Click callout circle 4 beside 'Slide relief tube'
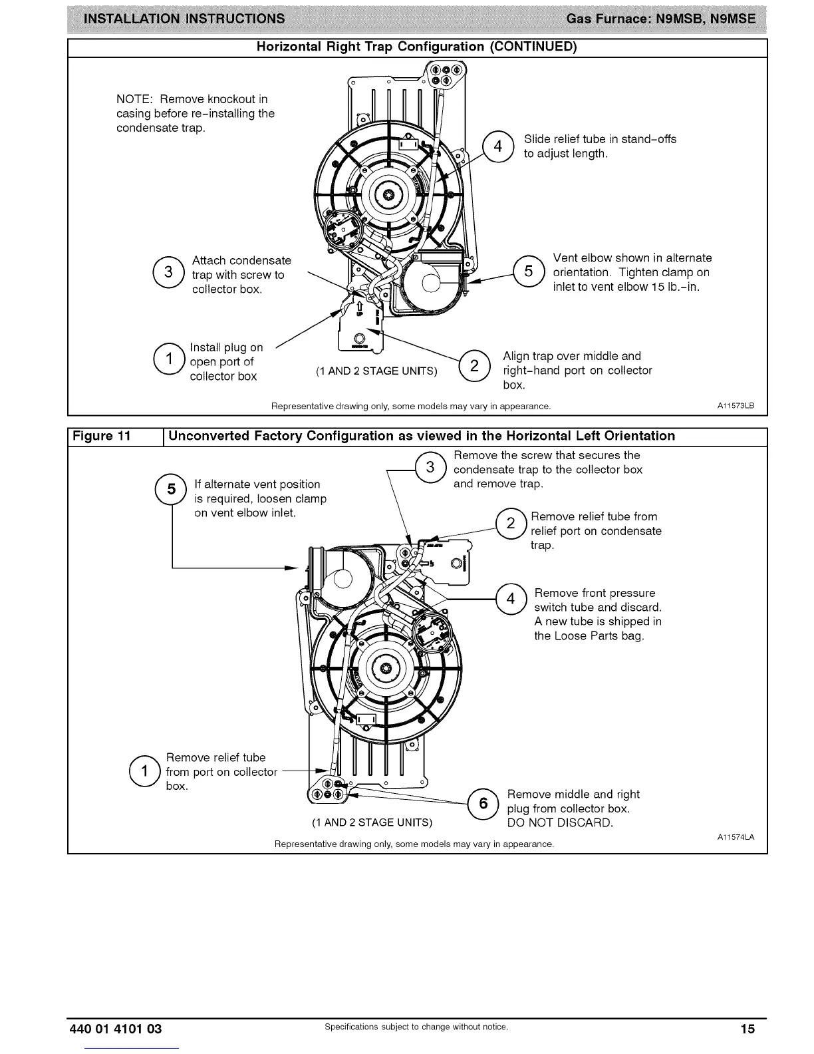pyautogui.click(x=497, y=146)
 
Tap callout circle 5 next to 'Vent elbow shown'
pyautogui.click(x=529, y=271)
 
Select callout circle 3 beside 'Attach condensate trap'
pyautogui.click(x=168, y=272)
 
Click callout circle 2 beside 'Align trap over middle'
pyautogui.click(x=474, y=365)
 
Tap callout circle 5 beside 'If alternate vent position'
pyautogui.click(x=172, y=490)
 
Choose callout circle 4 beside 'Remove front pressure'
pyautogui.click(x=511, y=600)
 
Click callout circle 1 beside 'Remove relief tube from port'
pyautogui.click(x=144, y=772)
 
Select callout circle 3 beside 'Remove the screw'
pyautogui.click(x=430, y=467)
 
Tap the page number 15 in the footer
pyautogui.click(x=748, y=1029)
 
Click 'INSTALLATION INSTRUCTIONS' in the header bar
pyautogui.click(x=181, y=18)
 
